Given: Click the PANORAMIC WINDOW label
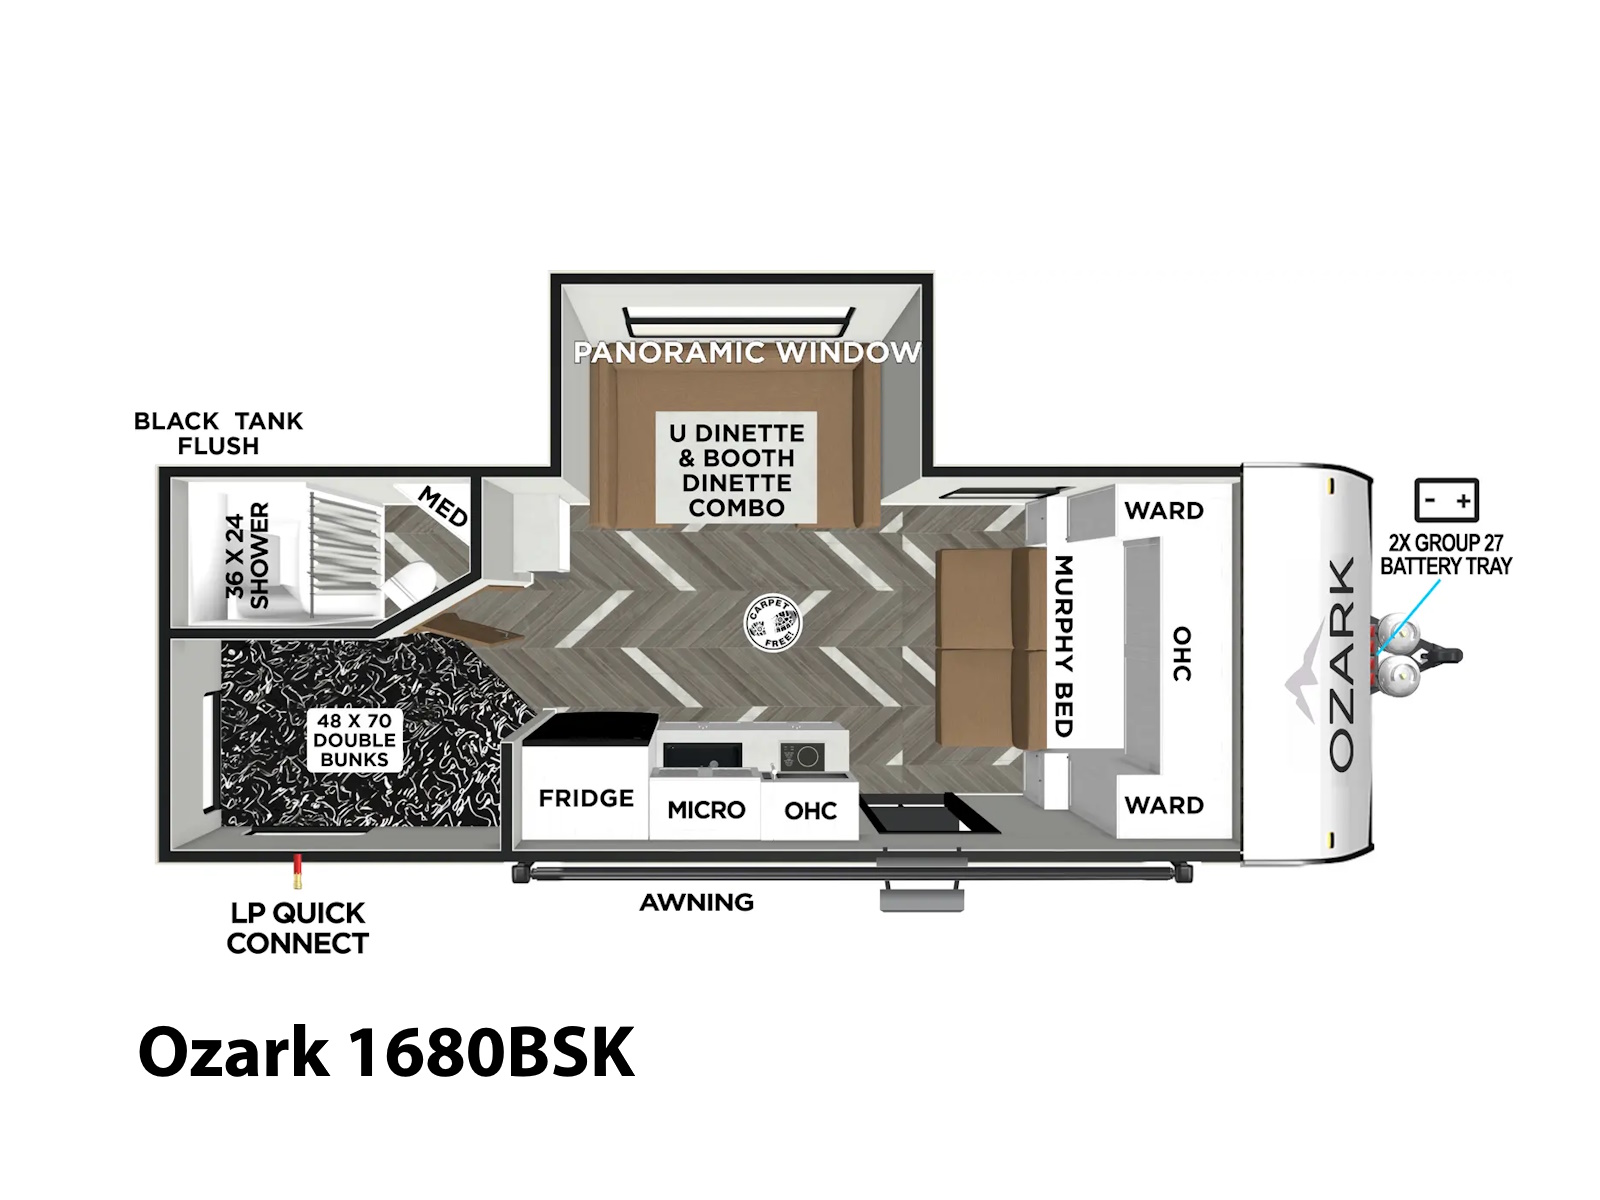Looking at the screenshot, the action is [746, 353].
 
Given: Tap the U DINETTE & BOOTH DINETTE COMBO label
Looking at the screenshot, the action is [736, 470].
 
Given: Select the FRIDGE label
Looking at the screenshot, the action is [586, 799].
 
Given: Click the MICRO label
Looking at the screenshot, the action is [706, 809].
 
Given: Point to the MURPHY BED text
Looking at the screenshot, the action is [1064, 646].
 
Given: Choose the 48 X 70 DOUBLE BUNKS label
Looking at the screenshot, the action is [354, 740].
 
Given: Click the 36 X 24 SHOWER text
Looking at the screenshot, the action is [247, 555].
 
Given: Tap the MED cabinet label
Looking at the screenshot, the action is [442, 506].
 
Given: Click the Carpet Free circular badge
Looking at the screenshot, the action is [772, 624].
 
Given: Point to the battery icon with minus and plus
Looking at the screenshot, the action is [1446, 500].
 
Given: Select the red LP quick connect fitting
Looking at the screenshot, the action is [297, 871].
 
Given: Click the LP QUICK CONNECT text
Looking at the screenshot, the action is [297, 928].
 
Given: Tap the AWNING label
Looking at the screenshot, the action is [696, 902].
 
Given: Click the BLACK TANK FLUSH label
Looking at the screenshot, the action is [218, 433].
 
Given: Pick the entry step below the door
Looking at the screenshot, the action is [921, 899].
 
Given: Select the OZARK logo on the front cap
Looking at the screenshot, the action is [1340, 663].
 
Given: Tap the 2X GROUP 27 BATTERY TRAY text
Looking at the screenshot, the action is [1446, 554].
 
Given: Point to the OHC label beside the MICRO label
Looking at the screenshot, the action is [810, 810].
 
